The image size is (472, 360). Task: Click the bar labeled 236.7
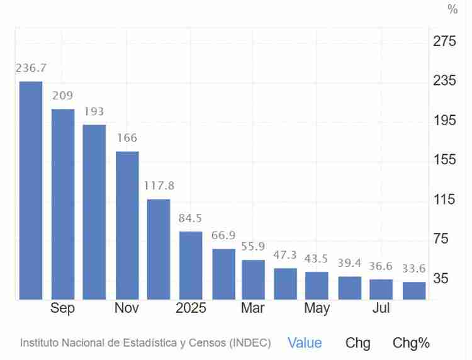[31, 190]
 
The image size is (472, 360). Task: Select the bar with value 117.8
[159, 249]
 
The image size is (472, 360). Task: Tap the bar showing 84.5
[191, 265]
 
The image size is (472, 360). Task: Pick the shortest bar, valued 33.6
[414, 290]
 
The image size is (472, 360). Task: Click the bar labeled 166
[127, 225]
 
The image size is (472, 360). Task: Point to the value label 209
[62, 96]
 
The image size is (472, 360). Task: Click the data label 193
[94, 111]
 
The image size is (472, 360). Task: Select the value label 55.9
[253, 247]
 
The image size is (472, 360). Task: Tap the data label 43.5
[317, 259]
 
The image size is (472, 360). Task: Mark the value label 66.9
[223, 235]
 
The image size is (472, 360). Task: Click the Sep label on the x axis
[62, 308]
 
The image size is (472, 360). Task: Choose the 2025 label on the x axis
[191, 308]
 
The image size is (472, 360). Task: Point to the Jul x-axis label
[381, 308]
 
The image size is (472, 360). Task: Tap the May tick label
[317, 308]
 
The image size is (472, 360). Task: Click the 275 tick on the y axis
[444, 42]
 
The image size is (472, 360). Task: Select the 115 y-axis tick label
[444, 200]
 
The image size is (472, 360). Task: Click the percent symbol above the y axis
[452, 9]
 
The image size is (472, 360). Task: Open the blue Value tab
[305, 343]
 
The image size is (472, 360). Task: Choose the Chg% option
[411, 343]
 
